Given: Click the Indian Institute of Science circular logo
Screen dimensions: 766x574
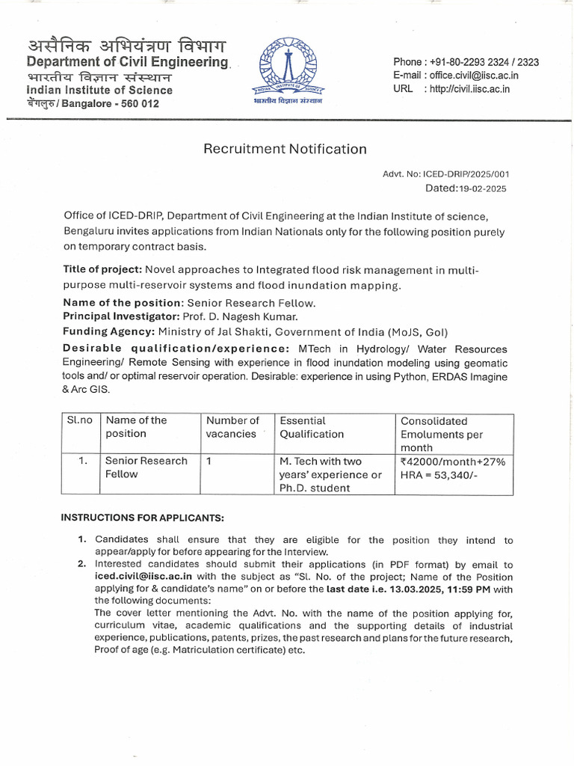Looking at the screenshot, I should tap(287, 70).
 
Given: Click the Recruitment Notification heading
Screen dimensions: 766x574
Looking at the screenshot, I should tap(285, 149).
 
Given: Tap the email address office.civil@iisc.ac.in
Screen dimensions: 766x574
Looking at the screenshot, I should tap(472, 76).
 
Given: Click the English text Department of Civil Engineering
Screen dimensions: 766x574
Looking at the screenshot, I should tap(127, 62).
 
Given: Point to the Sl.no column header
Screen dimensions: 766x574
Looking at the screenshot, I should tap(79, 420).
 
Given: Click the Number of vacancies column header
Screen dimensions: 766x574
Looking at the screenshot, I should tap(232, 427).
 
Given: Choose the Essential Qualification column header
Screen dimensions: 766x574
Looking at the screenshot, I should tap(312, 427).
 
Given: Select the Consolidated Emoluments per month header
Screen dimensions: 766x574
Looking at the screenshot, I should tap(442, 434).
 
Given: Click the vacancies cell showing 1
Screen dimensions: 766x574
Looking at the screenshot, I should tap(209, 461).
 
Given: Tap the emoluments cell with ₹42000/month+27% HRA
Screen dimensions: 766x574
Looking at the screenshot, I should tap(453, 468).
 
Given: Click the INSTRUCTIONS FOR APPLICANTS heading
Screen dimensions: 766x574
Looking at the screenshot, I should tap(142, 518).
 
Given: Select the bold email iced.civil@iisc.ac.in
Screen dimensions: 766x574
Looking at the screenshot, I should tap(143, 577).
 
